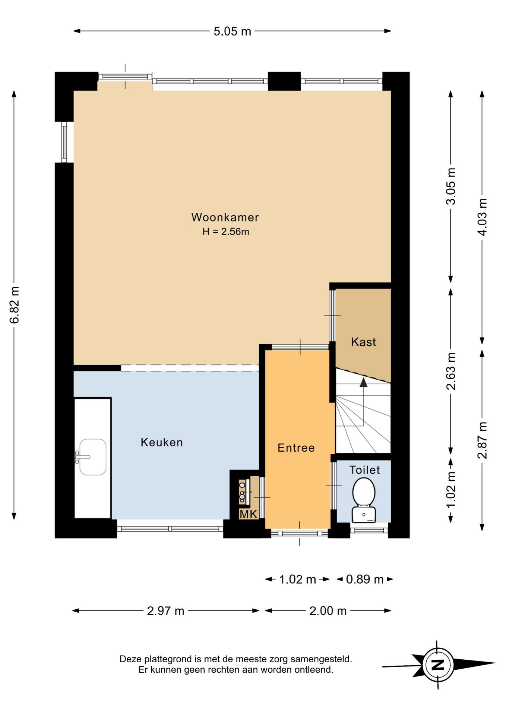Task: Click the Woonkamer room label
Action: (x=225, y=217)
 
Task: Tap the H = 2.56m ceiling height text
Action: (x=226, y=232)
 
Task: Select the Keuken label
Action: (x=162, y=442)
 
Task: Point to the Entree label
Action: (x=296, y=447)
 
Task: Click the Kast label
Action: (x=363, y=342)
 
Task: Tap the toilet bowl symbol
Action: (x=364, y=500)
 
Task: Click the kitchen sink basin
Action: (x=93, y=457)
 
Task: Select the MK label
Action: (x=248, y=514)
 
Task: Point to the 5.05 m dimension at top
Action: (x=233, y=31)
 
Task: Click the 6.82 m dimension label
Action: (x=15, y=305)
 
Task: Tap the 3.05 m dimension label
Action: (x=451, y=186)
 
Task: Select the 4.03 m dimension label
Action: (x=482, y=217)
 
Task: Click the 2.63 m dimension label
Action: (x=451, y=371)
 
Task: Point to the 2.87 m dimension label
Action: (x=482, y=440)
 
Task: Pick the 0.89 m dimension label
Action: (x=365, y=579)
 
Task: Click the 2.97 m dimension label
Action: (x=166, y=611)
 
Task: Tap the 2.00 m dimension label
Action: (x=328, y=611)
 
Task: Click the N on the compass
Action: (x=438, y=665)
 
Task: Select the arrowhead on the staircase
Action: (x=363, y=382)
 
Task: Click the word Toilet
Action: (x=364, y=470)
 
